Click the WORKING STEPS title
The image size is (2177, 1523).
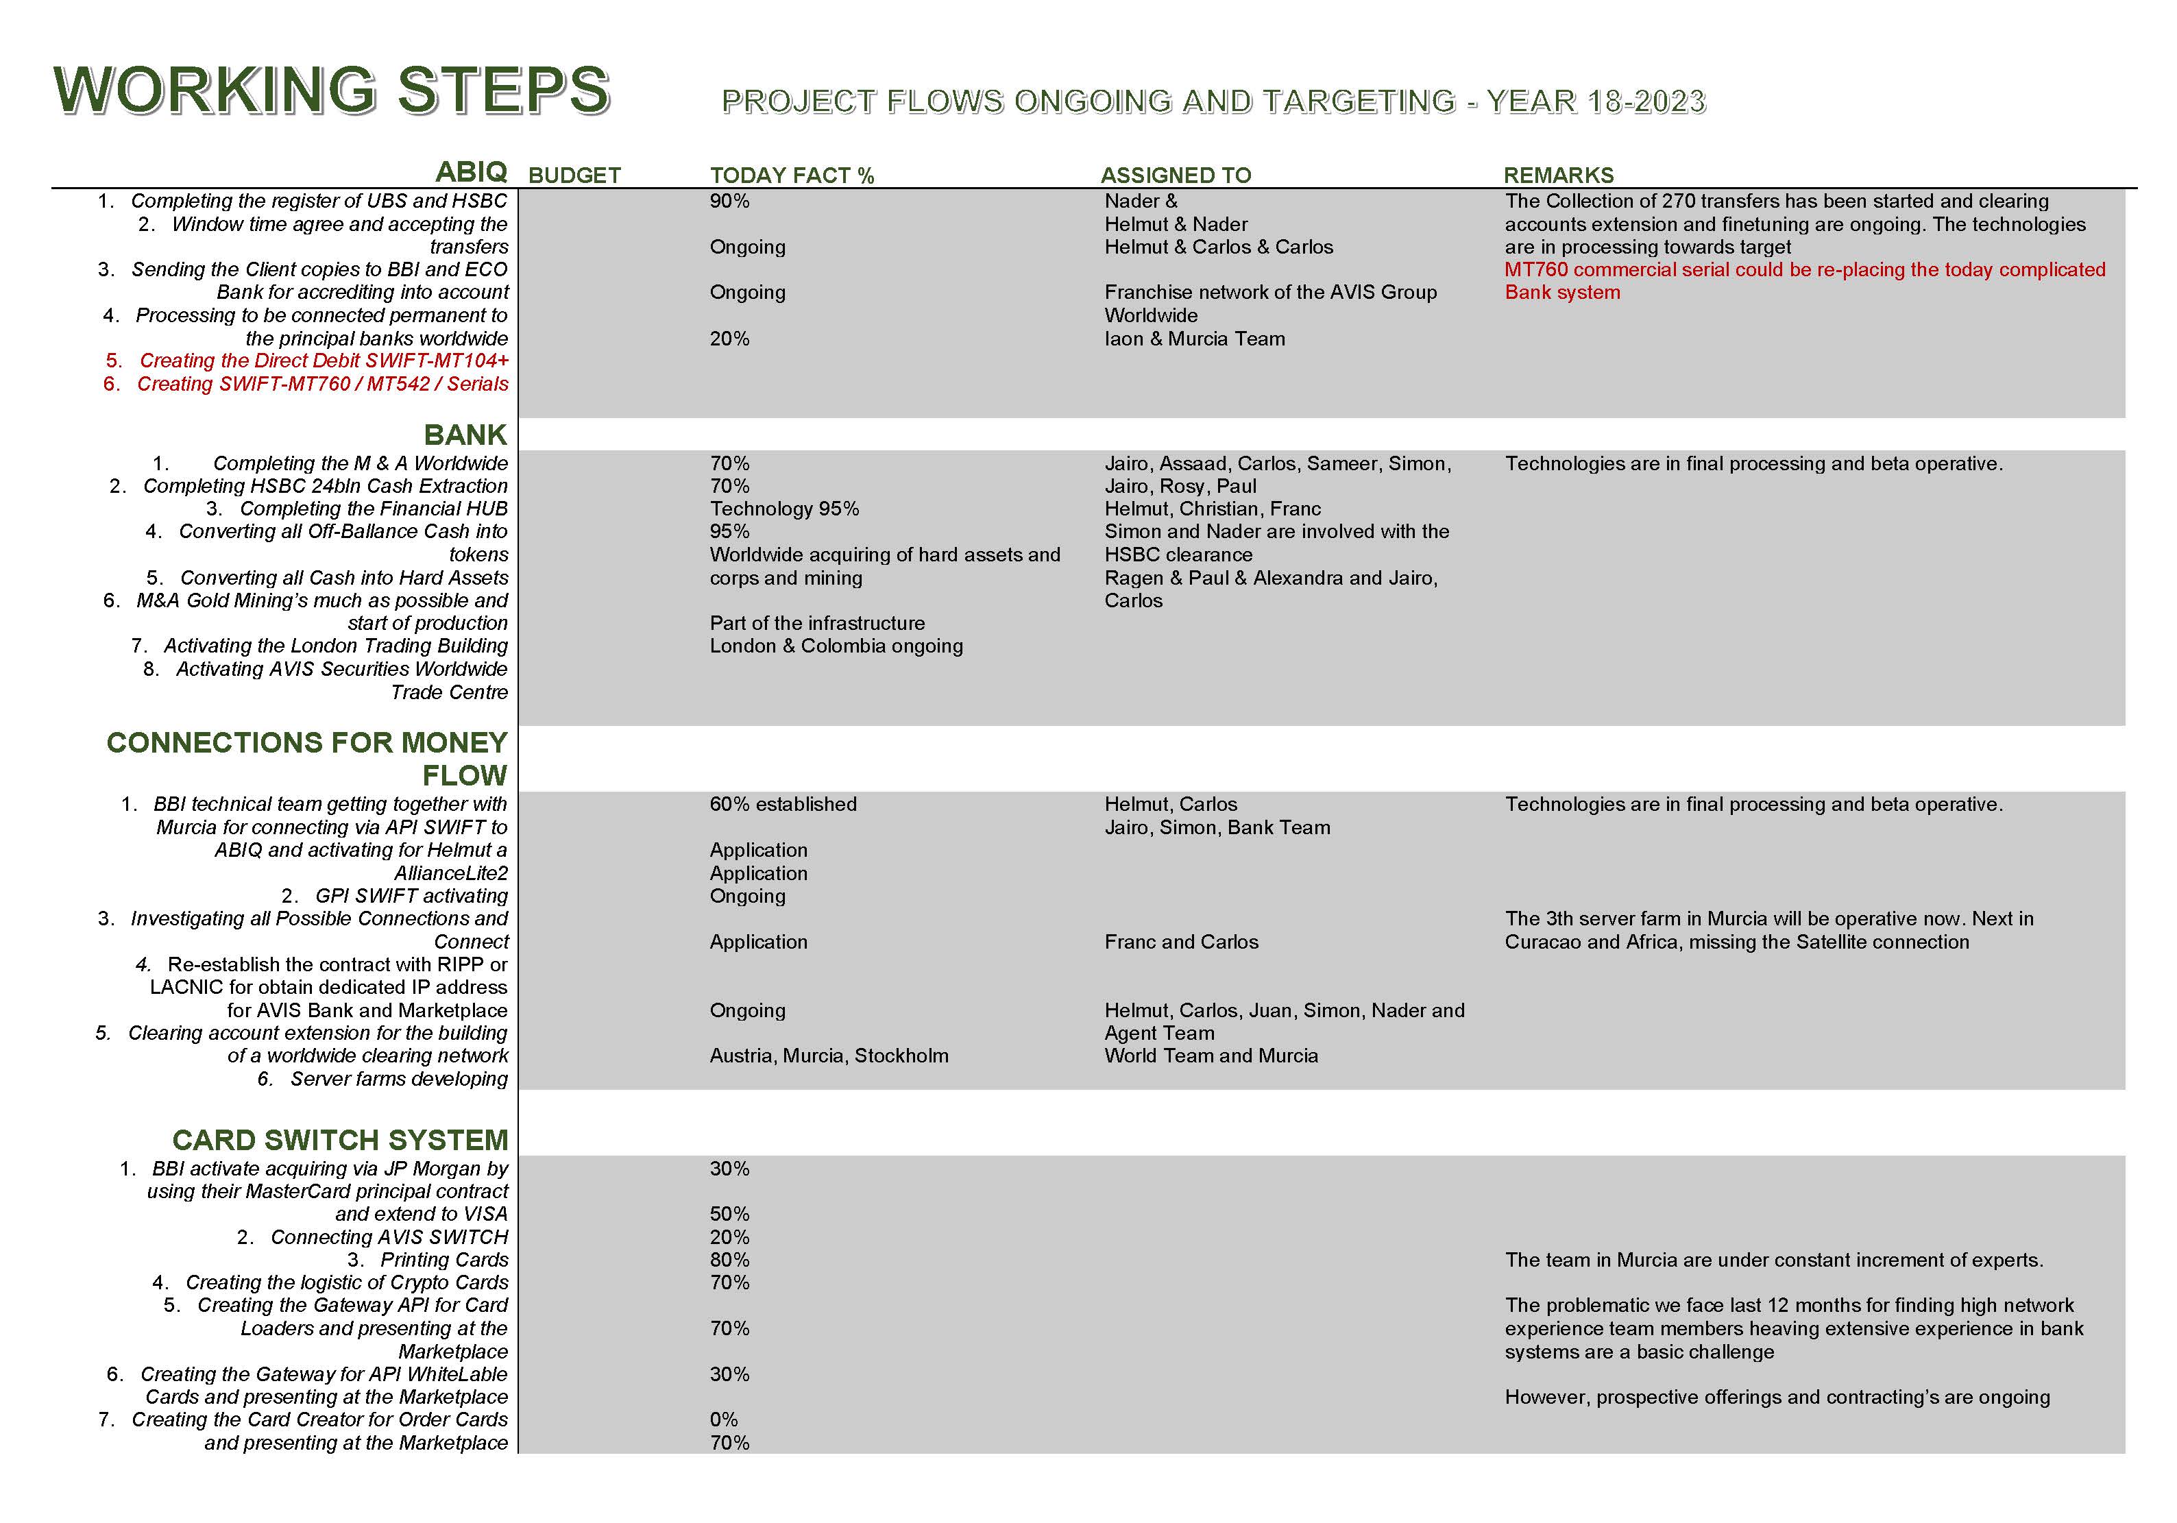point(332,92)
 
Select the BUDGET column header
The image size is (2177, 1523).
point(574,175)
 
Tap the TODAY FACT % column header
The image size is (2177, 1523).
point(792,175)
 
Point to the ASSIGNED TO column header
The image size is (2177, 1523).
point(1176,175)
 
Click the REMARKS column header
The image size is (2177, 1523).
point(1559,175)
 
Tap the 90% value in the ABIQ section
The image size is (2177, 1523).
point(729,201)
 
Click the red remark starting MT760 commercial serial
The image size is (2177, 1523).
point(1803,270)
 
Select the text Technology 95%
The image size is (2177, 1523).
point(784,509)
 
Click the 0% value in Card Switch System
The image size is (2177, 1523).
point(723,1420)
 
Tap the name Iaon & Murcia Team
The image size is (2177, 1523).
point(1195,339)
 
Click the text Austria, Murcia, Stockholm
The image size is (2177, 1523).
point(829,1056)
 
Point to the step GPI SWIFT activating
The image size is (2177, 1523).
point(411,896)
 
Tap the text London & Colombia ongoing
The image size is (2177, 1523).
point(836,646)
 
